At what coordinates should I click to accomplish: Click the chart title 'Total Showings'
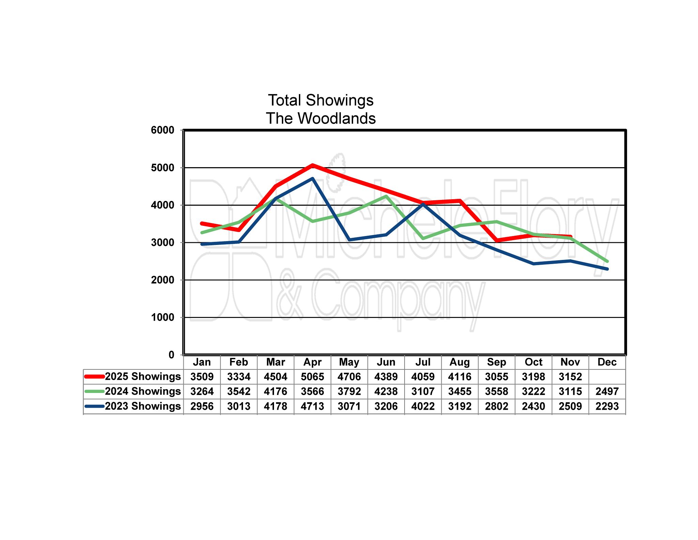pos(320,100)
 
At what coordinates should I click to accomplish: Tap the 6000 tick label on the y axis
pos(162,130)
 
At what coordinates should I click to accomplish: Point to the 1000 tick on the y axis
pos(162,317)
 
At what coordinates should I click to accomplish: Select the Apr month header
pos(312,362)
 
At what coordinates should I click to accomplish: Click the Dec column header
pos(607,362)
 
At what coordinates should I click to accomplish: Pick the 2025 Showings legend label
pos(142,376)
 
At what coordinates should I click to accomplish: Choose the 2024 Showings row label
pos(142,391)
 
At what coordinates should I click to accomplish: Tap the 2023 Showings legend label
pos(142,406)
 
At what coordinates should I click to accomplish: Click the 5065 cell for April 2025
pos(312,377)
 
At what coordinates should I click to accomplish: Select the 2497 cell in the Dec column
pos(607,391)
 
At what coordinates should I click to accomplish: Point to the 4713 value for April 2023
pos(312,406)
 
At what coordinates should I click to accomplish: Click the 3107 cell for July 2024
pos(423,391)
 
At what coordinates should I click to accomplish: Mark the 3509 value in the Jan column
pos(202,377)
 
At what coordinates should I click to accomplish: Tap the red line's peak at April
pos(313,165)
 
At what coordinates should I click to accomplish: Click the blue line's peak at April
pos(313,178)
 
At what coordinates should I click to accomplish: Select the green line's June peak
pos(386,196)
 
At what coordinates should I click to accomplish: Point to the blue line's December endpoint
pos(607,269)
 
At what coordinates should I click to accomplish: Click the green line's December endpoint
pos(607,261)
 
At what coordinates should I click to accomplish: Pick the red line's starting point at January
pos(202,223)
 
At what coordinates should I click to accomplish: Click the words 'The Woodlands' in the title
pos(320,118)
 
